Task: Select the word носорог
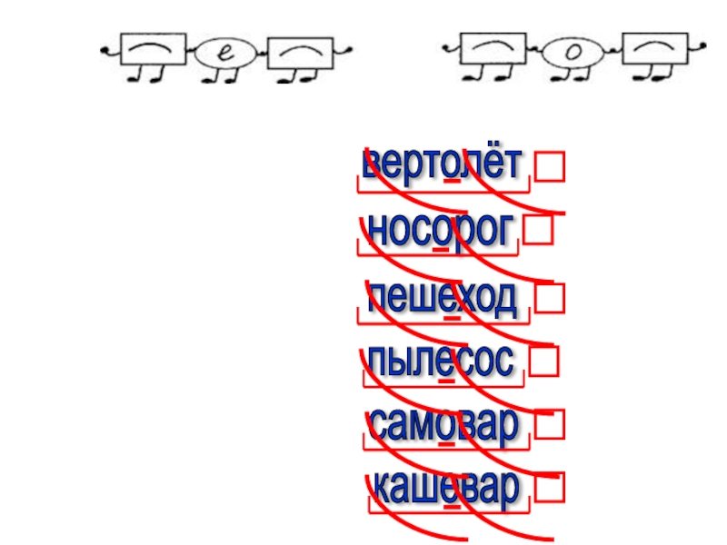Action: [436, 231]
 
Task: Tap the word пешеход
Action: [443, 297]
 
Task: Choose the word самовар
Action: [443, 424]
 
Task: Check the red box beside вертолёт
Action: [548, 167]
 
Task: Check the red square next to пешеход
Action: [548, 297]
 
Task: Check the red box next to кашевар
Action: [548, 489]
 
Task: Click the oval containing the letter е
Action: [220, 54]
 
